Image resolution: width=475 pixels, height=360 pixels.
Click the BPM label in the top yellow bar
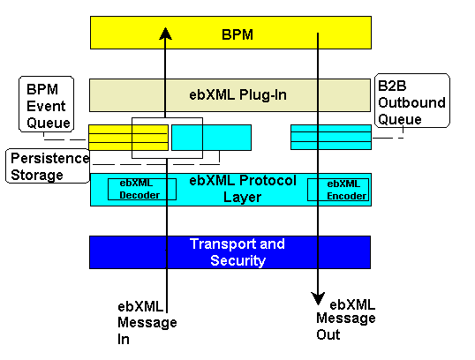pyautogui.click(x=237, y=34)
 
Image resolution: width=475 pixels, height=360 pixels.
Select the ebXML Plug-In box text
pyautogui.click(x=237, y=95)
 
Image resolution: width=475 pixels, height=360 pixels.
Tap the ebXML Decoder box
pyautogui.click(x=142, y=189)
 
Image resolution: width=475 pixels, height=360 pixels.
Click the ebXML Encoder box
pyautogui.click(x=338, y=190)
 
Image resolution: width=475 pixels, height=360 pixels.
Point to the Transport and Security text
pyautogui.click(x=237, y=252)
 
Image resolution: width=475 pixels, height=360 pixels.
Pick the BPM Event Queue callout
pyautogui.click(x=46, y=104)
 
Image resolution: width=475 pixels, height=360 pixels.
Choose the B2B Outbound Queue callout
pyautogui.click(x=412, y=101)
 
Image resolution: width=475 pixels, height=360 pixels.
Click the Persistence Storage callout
pyautogui.click(x=48, y=166)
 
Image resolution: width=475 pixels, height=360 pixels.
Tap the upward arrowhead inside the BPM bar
pyautogui.click(x=165, y=34)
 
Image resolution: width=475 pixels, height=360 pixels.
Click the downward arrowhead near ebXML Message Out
pyautogui.click(x=318, y=298)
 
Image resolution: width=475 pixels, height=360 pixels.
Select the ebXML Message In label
pyautogui.click(x=147, y=323)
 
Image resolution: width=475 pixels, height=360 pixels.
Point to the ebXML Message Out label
pyautogui.click(x=345, y=319)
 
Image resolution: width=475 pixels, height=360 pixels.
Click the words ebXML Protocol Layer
pyautogui.click(x=242, y=189)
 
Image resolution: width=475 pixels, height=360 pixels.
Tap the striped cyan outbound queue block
pyautogui.click(x=331, y=137)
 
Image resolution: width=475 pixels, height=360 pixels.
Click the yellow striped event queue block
pyautogui.click(x=128, y=138)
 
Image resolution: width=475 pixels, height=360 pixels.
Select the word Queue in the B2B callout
pyautogui.click(x=400, y=119)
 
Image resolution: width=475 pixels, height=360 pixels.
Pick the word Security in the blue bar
pyautogui.click(x=237, y=260)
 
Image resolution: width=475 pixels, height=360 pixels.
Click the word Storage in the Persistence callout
pyautogui.click(x=37, y=175)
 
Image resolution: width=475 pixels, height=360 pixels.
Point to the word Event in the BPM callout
pyautogui.click(x=46, y=106)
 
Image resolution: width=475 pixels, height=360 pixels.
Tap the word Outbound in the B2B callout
pyautogui.click(x=411, y=102)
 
